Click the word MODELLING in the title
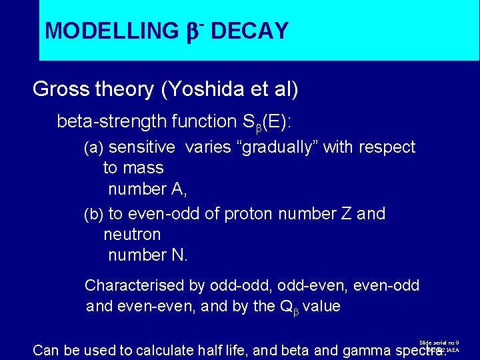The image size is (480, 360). pyautogui.click(x=109, y=31)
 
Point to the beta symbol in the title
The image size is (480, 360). pyautogui.click(x=192, y=31)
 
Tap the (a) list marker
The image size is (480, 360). pyautogui.click(x=93, y=147)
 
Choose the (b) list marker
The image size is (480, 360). pyautogui.click(x=93, y=214)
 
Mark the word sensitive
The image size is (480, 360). pyautogui.click(x=141, y=147)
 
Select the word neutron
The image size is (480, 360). pyautogui.click(x=132, y=235)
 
